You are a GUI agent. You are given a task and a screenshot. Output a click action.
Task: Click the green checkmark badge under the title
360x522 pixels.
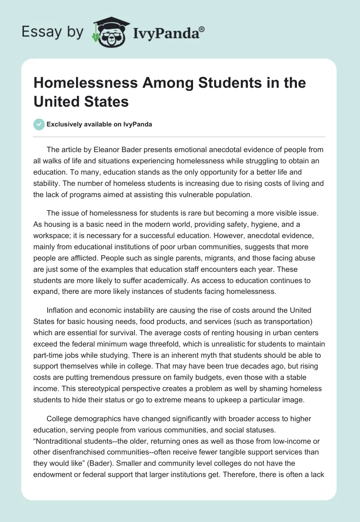(x=39, y=124)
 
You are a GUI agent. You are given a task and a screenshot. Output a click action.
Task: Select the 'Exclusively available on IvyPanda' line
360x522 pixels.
(x=99, y=124)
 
